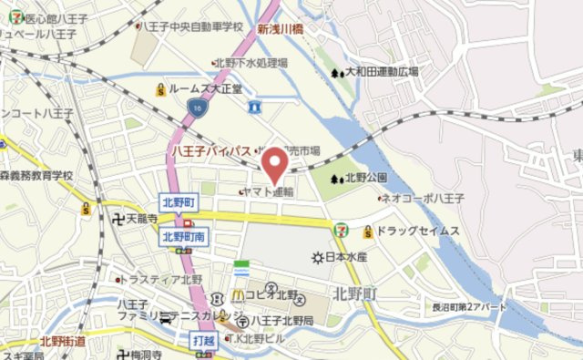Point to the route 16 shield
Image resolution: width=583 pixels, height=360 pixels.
click(x=197, y=108)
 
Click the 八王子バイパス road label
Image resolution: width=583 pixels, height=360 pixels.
click(x=211, y=149)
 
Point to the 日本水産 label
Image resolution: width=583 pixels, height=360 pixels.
click(x=345, y=258)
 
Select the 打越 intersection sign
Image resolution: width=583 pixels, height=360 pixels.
click(x=206, y=339)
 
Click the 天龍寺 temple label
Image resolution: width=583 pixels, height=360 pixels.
click(x=142, y=220)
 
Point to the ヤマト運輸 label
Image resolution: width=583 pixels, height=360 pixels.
click(x=269, y=192)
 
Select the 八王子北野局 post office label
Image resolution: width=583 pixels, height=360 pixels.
click(x=281, y=321)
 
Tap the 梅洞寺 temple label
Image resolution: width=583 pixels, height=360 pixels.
click(x=146, y=355)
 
